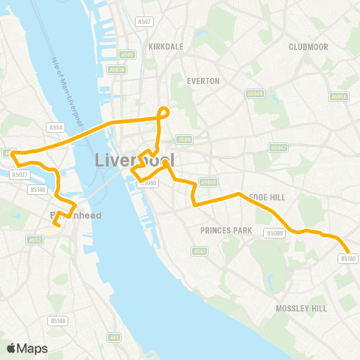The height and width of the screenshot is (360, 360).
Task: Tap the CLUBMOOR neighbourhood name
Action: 308,46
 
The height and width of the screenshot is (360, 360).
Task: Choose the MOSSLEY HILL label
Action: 301,308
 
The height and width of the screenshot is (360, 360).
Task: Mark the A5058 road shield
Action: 340,96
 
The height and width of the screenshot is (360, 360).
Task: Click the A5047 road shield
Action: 279,148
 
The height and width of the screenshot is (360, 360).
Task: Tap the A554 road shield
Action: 53,127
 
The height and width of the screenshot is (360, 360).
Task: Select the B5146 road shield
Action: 37,190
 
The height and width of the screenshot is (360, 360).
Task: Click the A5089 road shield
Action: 274,232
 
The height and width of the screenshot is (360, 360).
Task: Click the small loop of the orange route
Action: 163,112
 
